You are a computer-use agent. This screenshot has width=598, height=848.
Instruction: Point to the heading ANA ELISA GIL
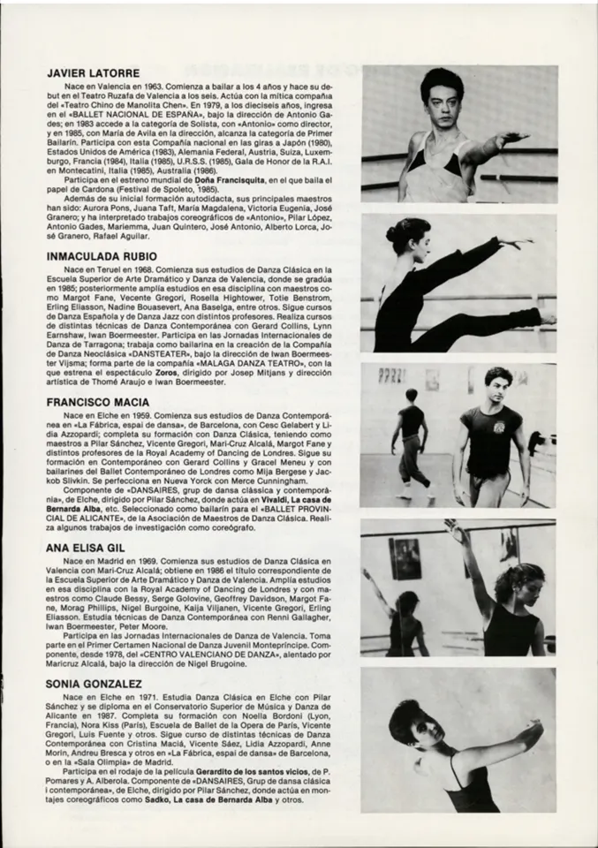click(85, 548)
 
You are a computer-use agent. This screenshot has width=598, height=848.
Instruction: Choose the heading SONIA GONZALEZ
click(92, 684)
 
